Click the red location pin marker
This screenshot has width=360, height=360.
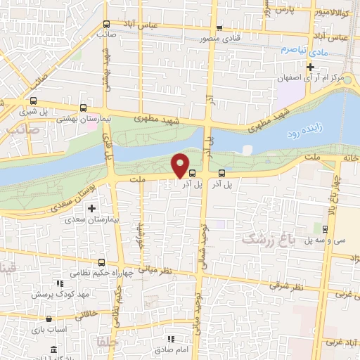click(x=181, y=165)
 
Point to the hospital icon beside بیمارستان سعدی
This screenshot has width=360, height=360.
click(x=91, y=208)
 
